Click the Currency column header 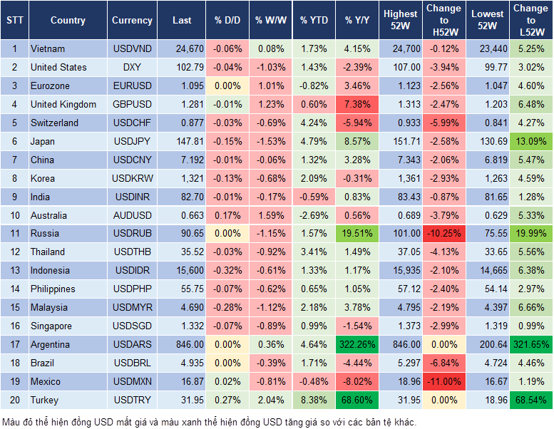point(132,21)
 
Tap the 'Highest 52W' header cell point(400,20)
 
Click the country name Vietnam point(48,48)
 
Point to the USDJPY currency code point(132,141)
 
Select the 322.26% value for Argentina point(359,344)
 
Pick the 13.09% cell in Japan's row point(531,141)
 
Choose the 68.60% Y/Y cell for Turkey point(359,400)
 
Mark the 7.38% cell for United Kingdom point(359,104)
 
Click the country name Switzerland point(54,123)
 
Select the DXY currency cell point(132,67)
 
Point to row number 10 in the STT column point(14,214)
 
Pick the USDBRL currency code point(132,363)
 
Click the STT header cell point(14,21)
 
